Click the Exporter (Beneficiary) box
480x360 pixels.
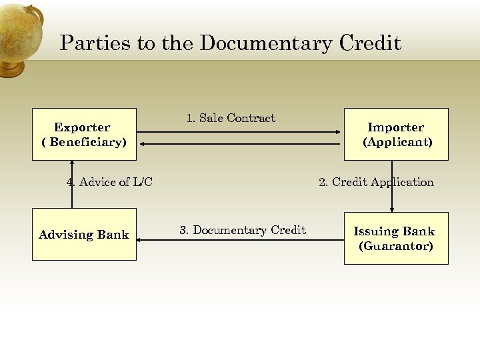84,134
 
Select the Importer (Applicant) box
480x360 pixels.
396,134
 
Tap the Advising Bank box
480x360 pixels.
84,234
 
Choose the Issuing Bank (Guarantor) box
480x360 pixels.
396,238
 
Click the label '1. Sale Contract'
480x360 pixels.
231,119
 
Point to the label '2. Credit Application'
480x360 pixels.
376,182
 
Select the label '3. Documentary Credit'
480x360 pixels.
243,230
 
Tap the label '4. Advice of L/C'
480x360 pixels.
109,182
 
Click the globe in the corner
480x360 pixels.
20,37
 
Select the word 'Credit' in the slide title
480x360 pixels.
370,44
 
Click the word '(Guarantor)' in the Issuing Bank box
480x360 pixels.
396,246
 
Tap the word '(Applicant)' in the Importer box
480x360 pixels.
397,142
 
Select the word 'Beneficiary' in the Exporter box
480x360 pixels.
87,142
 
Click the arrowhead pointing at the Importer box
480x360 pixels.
339,132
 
